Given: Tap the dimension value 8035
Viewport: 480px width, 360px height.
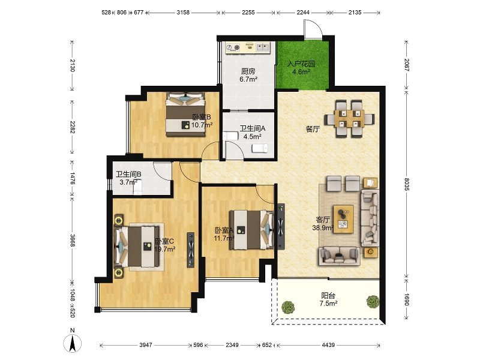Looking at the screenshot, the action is (407, 184).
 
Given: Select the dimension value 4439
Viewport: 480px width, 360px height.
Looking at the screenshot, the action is (328, 345).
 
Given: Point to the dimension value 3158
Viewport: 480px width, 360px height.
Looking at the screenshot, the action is (183, 13).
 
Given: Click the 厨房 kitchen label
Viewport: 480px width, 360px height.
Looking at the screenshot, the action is (248, 71).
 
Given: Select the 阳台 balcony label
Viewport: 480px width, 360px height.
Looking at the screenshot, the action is (328, 296).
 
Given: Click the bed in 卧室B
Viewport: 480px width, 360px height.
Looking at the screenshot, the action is (185, 114).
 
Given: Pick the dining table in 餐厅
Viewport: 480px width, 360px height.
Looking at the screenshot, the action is (350, 118).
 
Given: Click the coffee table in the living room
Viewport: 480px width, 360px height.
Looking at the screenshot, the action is (343, 219).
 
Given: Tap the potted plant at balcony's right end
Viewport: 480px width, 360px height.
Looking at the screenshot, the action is (373, 301).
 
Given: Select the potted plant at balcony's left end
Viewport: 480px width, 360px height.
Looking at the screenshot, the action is (287, 307).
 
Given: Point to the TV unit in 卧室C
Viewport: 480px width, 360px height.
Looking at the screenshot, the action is (191, 250).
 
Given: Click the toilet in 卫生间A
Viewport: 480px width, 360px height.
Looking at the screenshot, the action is (260, 148).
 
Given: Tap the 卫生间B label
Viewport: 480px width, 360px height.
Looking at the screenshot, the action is (128, 174).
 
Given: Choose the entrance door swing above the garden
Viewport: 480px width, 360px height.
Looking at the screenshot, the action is (313, 29).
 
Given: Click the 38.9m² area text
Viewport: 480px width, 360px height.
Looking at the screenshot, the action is (323, 228).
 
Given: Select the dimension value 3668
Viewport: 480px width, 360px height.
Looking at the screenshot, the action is (73, 241).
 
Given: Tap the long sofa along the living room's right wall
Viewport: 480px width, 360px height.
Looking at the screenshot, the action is (370, 218).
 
